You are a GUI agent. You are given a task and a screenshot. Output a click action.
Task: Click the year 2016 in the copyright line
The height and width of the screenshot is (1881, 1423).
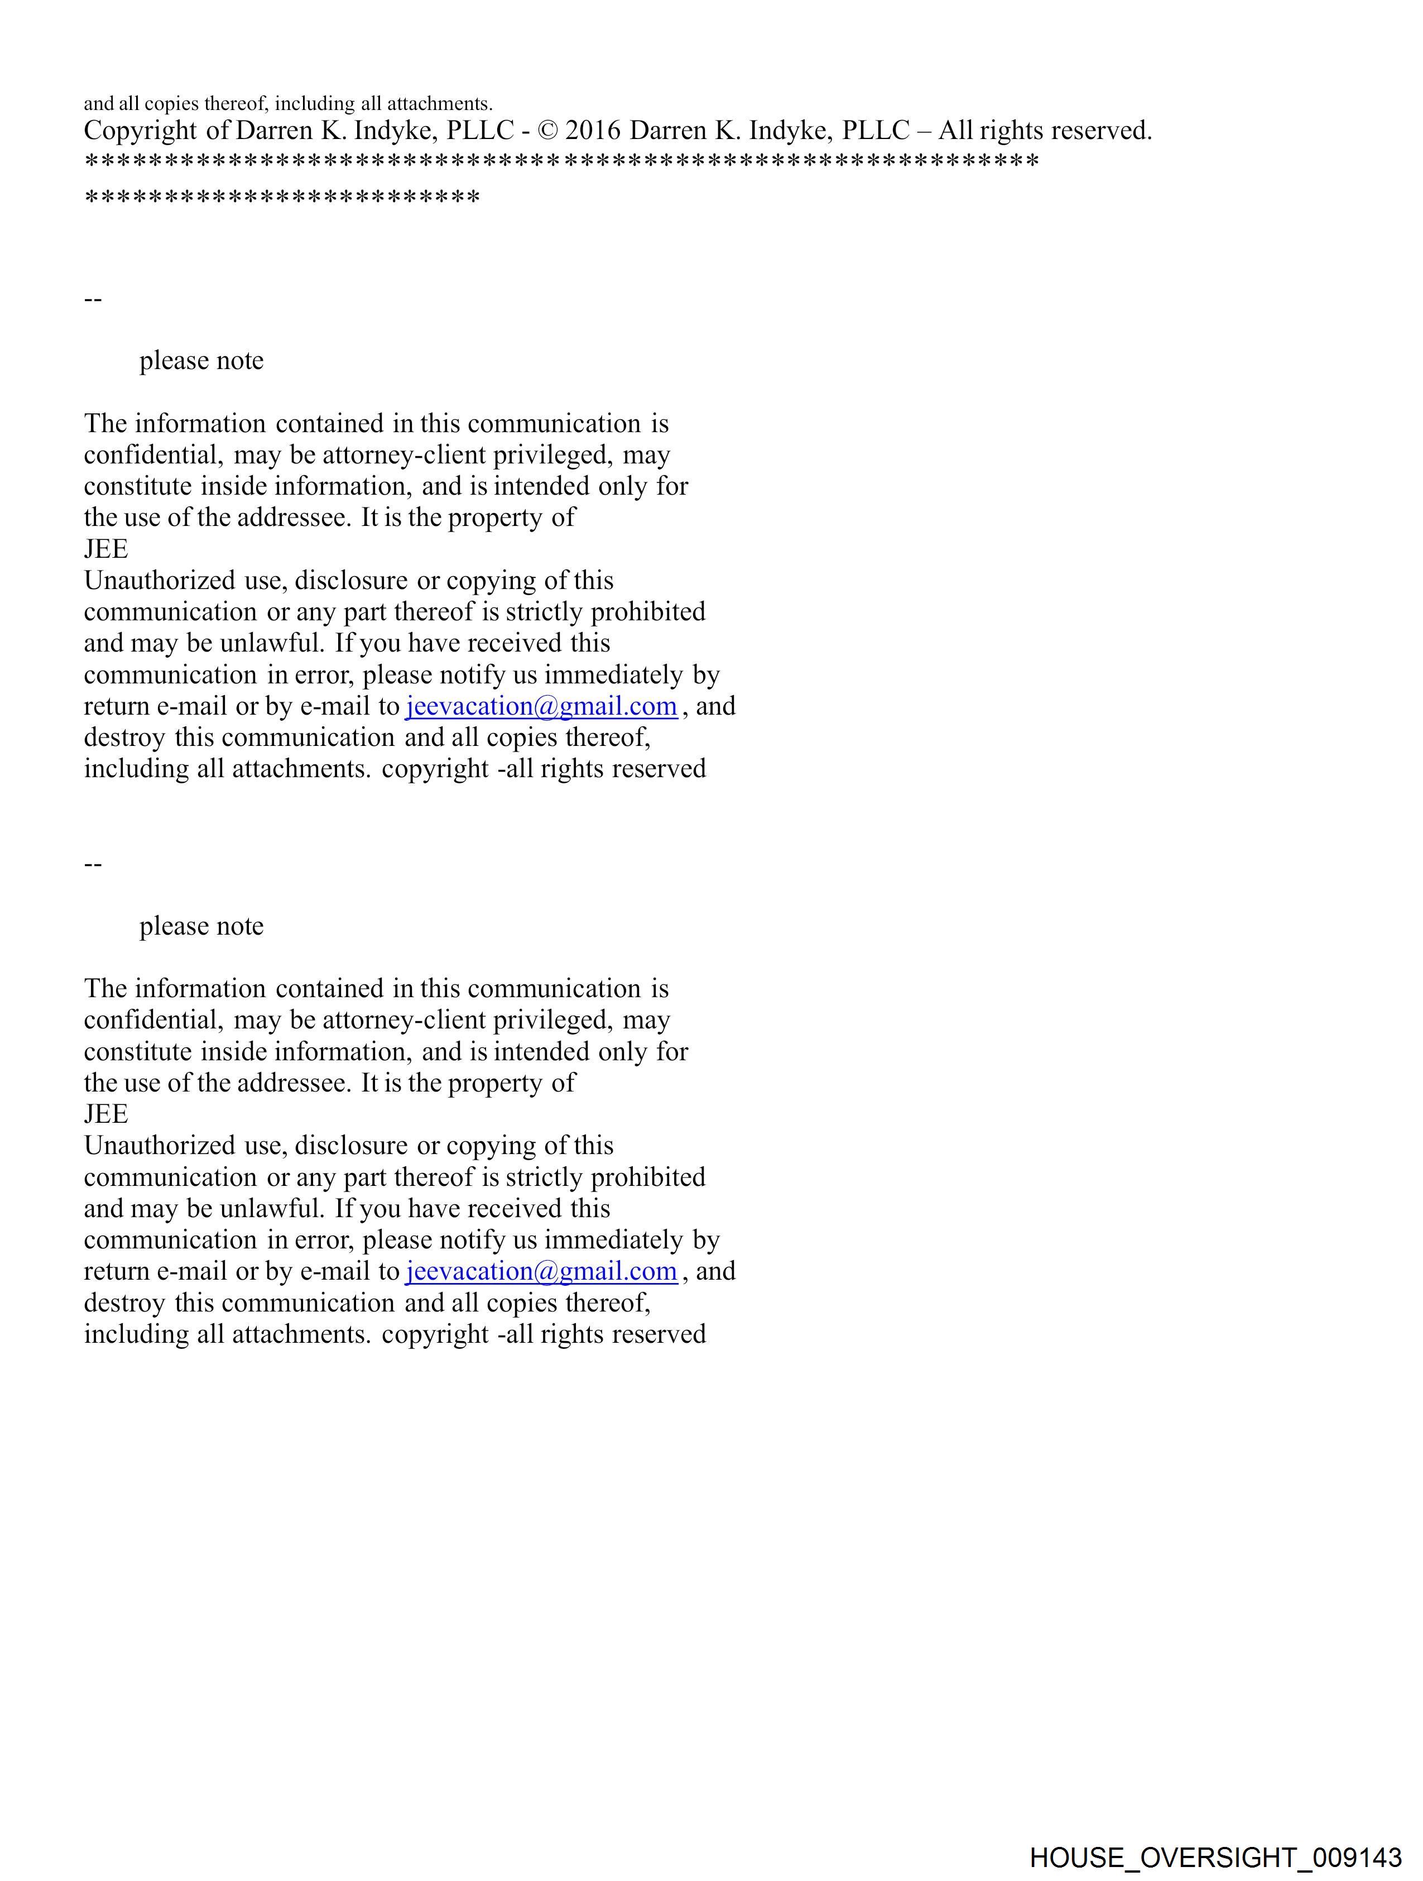(x=593, y=131)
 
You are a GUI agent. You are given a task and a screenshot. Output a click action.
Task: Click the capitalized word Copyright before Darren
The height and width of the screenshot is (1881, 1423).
(x=140, y=131)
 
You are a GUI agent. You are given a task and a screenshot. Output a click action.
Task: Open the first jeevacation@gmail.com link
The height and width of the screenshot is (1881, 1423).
(x=541, y=707)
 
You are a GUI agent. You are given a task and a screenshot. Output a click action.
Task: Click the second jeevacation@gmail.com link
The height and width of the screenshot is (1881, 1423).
(x=541, y=1271)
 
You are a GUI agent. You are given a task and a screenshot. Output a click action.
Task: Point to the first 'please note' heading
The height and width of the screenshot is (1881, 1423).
(x=201, y=361)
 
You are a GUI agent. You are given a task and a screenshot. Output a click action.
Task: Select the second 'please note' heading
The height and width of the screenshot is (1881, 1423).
(x=201, y=926)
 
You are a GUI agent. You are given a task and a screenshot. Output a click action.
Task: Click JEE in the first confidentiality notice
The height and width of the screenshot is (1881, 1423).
(x=106, y=549)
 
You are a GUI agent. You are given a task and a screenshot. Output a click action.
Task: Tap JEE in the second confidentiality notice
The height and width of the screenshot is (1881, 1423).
(x=106, y=1114)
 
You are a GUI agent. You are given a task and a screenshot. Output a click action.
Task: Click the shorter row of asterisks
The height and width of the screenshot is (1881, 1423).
(x=282, y=199)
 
